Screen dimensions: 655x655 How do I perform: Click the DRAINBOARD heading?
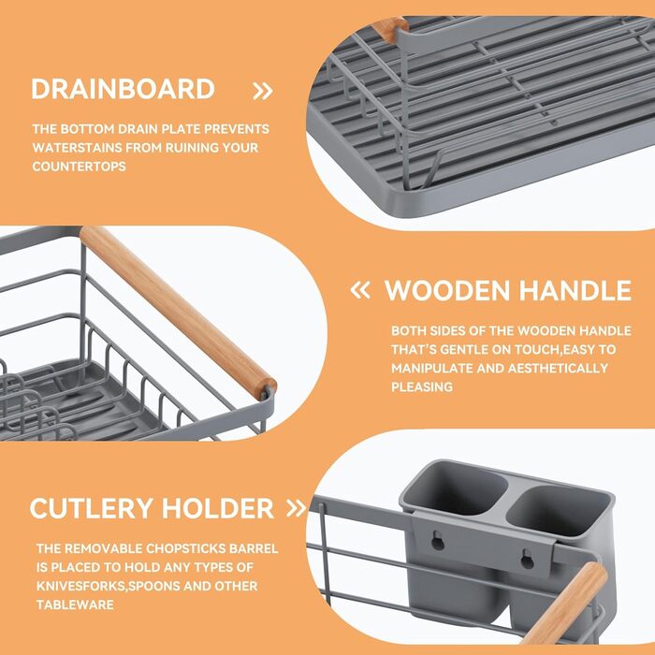[x=123, y=89]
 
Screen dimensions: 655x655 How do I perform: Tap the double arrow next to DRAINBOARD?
[x=263, y=91]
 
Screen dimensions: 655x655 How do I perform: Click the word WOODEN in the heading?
[x=447, y=290]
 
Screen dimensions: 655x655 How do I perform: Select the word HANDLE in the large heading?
[x=575, y=290]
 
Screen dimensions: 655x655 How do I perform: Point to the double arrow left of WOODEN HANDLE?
[x=360, y=290]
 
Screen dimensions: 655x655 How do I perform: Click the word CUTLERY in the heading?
[x=91, y=508]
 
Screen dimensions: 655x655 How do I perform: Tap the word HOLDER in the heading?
[x=218, y=508]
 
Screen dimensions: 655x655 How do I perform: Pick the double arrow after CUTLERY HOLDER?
[x=297, y=508]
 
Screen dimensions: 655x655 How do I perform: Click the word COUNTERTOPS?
[x=79, y=167]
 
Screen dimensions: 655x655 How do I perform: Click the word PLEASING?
[x=422, y=386]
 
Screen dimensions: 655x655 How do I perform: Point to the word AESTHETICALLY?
[x=558, y=368]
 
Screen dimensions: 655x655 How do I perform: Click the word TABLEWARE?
[x=75, y=604]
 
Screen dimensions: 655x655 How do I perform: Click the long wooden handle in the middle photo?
[x=178, y=313]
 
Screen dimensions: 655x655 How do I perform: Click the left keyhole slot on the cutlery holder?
[x=438, y=541]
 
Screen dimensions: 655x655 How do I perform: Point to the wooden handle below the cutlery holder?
[x=565, y=603]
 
